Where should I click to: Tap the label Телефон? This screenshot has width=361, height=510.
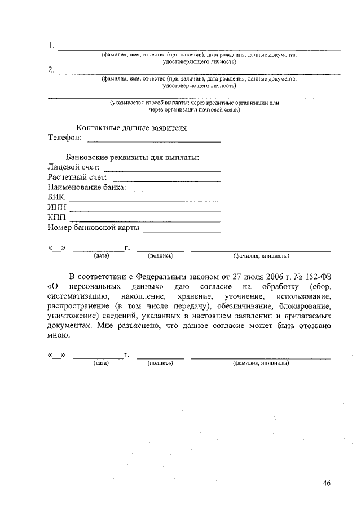coord(65,138)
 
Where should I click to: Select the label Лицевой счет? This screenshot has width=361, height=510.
coord(74,167)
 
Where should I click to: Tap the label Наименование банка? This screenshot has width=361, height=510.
coord(87,188)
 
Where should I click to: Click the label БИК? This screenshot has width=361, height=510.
coord(56,198)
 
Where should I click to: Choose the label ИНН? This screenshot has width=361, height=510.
coord(58,208)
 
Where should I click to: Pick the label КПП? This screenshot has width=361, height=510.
coord(57,218)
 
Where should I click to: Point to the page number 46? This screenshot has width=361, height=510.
coord(327,483)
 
